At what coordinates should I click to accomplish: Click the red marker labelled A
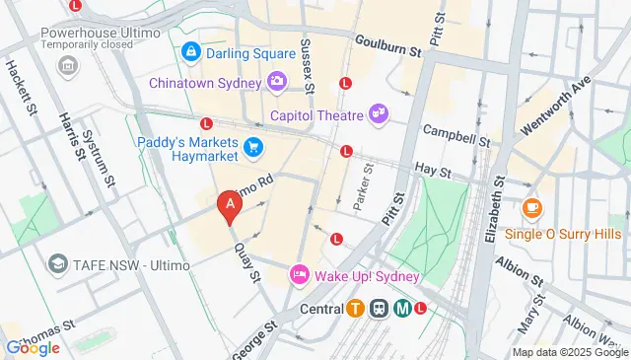pos(230,206)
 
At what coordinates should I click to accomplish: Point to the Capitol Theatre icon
pos(378,115)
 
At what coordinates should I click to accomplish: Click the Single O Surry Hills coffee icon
pos(531,207)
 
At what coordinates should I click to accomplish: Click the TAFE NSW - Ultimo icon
pos(59,264)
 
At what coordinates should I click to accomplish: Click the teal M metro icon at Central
pos(402,307)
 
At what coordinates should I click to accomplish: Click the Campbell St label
pos(456,131)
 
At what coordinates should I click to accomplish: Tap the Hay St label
pos(432,172)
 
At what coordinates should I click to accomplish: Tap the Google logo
pos(32,347)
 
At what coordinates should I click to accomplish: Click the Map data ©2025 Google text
pos(569,352)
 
